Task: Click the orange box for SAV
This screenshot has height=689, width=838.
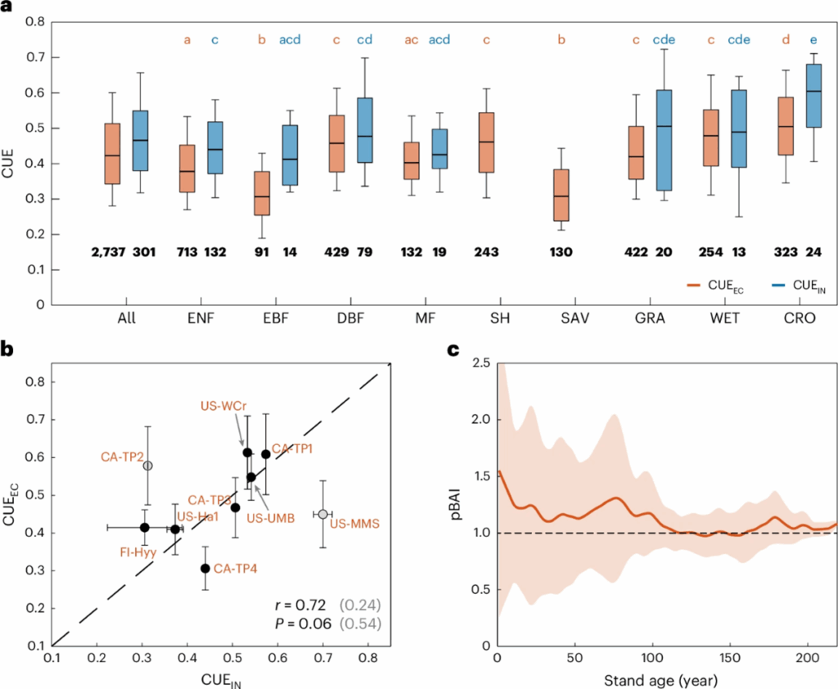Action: click(561, 196)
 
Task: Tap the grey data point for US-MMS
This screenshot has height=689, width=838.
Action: click(323, 514)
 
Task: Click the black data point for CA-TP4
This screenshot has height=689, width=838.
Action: click(205, 569)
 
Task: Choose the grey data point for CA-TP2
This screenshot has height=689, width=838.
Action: click(148, 466)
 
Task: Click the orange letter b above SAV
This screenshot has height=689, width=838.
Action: click(561, 39)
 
